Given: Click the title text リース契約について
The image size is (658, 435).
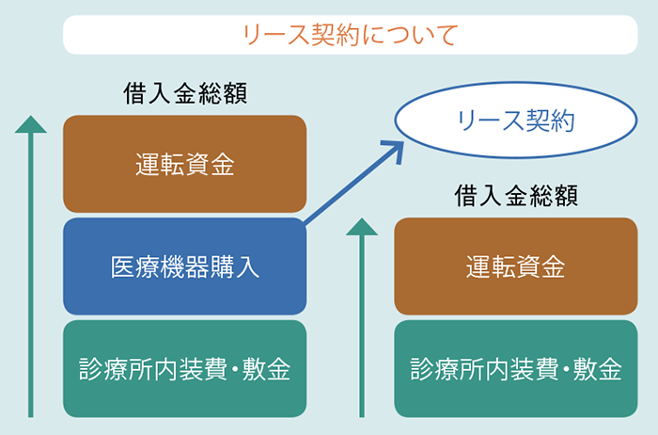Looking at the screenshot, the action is coord(351,35).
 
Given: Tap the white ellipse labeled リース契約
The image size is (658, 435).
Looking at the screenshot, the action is coord(516,121).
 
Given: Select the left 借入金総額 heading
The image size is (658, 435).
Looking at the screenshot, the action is coord(185,93).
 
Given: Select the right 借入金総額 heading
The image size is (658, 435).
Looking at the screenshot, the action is coord(516,196).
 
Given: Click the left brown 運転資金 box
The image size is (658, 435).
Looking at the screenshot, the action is coord(184,164).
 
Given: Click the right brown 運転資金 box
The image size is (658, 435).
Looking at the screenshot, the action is coord(516,266).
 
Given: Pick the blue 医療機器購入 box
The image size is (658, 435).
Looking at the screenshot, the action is coord(184,266).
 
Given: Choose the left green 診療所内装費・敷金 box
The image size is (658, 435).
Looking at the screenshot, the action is coord(184,368).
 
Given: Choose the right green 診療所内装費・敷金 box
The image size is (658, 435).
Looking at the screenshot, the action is coord(516,368).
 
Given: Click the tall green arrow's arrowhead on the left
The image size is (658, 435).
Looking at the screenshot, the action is coord(31,124).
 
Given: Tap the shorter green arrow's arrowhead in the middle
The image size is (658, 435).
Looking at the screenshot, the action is coord(362,227).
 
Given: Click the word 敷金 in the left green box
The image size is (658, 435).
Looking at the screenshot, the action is coord(266,369).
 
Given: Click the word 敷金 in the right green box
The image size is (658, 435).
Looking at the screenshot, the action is coord(597,369).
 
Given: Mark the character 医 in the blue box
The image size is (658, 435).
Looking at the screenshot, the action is coord(122,266).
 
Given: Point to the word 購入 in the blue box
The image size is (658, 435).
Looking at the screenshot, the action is coord(235,266).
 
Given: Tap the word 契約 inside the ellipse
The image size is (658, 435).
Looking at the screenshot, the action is coord(550,121).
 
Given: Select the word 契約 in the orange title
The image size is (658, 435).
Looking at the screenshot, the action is coord(336,35).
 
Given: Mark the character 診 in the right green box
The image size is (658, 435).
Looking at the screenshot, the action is coord(422,369).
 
